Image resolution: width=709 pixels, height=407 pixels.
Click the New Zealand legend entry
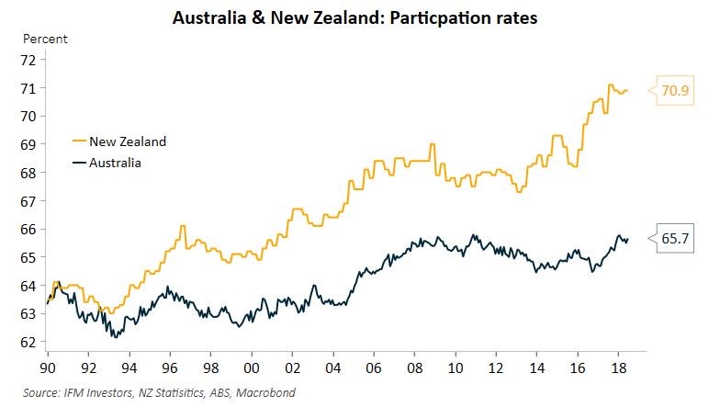click(x=127, y=141)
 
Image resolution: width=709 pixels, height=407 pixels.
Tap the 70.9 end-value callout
click(x=674, y=91)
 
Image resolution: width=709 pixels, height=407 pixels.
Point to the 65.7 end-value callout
click(x=674, y=238)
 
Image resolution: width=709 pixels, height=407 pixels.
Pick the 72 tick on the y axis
click(x=27, y=60)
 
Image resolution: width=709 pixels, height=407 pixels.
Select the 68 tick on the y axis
click(x=27, y=173)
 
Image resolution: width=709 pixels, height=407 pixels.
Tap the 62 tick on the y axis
click(x=27, y=342)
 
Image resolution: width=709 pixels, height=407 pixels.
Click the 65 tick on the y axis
click(x=27, y=257)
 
